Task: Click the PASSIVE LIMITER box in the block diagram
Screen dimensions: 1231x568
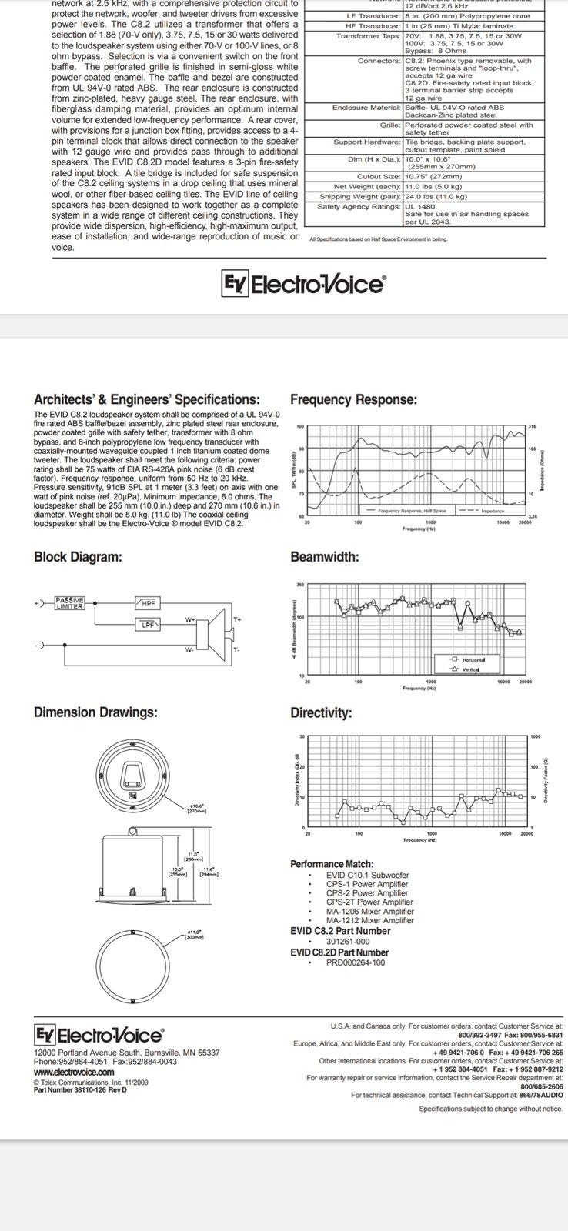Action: click(x=70, y=603)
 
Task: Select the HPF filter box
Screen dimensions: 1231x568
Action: click(x=147, y=603)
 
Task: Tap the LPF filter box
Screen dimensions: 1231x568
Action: click(x=147, y=625)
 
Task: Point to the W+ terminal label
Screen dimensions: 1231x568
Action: click(x=189, y=619)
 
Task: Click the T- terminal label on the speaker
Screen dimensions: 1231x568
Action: click(x=236, y=650)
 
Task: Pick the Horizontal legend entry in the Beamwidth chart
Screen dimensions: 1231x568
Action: click(x=467, y=659)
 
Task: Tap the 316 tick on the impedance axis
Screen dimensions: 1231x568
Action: click(x=532, y=426)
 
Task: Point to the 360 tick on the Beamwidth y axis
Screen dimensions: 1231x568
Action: click(x=300, y=585)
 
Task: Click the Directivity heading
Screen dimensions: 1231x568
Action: click(x=321, y=712)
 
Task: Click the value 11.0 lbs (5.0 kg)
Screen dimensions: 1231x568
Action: click(x=433, y=186)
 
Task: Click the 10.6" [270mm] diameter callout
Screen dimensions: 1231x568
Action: click(x=196, y=808)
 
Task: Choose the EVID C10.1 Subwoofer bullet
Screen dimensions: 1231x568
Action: click(x=367, y=875)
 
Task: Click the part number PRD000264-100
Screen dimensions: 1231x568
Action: click(x=355, y=962)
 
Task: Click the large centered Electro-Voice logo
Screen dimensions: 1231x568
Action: click(x=304, y=285)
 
